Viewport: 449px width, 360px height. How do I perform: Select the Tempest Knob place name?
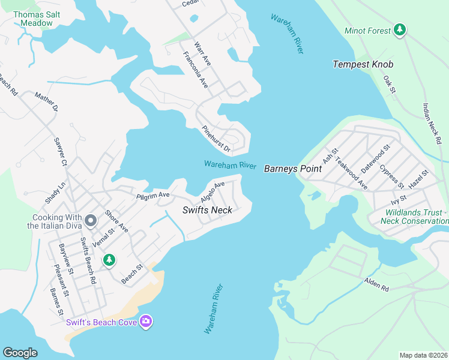(363, 64)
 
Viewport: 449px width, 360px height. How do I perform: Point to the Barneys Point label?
(293, 169)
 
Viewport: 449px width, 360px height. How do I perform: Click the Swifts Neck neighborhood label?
(207, 211)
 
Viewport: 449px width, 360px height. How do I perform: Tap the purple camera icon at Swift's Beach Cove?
(146, 322)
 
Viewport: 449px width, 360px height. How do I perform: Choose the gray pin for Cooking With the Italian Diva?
(91, 221)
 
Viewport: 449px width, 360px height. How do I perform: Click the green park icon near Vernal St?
(109, 260)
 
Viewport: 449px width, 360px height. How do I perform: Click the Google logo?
(20, 353)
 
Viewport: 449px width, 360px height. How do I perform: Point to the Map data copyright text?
(423, 355)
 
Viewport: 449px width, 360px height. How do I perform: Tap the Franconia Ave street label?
(196, 70)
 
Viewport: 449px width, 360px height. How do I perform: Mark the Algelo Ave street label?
(212, 191)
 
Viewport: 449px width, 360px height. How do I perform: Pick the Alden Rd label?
(376, 285)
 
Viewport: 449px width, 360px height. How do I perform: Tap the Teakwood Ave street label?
(351, 173)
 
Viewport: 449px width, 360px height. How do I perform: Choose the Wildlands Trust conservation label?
(414, 217)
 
